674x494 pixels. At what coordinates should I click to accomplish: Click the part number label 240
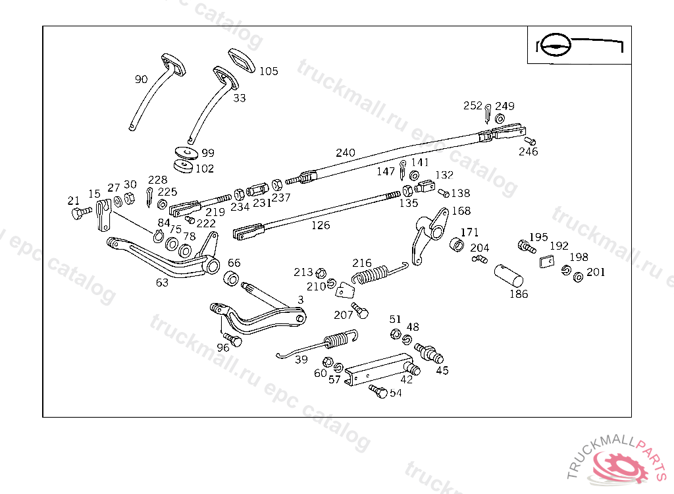tap(345, 153)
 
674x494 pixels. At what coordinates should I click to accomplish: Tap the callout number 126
tap(321, 225)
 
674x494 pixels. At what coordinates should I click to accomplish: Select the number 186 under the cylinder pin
tap(519, 294)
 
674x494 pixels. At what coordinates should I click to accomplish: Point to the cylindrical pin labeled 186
tap(509, 275)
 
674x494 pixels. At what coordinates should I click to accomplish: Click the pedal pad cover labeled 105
tap(241, 60)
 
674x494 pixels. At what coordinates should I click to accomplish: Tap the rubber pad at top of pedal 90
tap(174, 65)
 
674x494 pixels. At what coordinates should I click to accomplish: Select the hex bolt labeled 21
tap(81, 213)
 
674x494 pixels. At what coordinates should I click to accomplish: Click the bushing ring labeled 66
tap(231, 279)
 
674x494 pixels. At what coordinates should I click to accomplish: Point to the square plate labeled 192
tap(547, 261)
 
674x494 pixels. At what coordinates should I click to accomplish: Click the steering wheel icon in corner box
tap(555, 45)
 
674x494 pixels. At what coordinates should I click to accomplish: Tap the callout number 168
tap(461, 211)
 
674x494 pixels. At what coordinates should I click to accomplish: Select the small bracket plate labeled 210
tap(345, 290)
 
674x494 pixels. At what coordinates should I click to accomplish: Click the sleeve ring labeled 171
tap(457, 244)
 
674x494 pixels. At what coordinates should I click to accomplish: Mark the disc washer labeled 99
tap(186, 152)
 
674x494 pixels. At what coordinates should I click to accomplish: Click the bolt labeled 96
tap(233, 340)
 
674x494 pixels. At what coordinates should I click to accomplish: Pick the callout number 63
tap(162, 283)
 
